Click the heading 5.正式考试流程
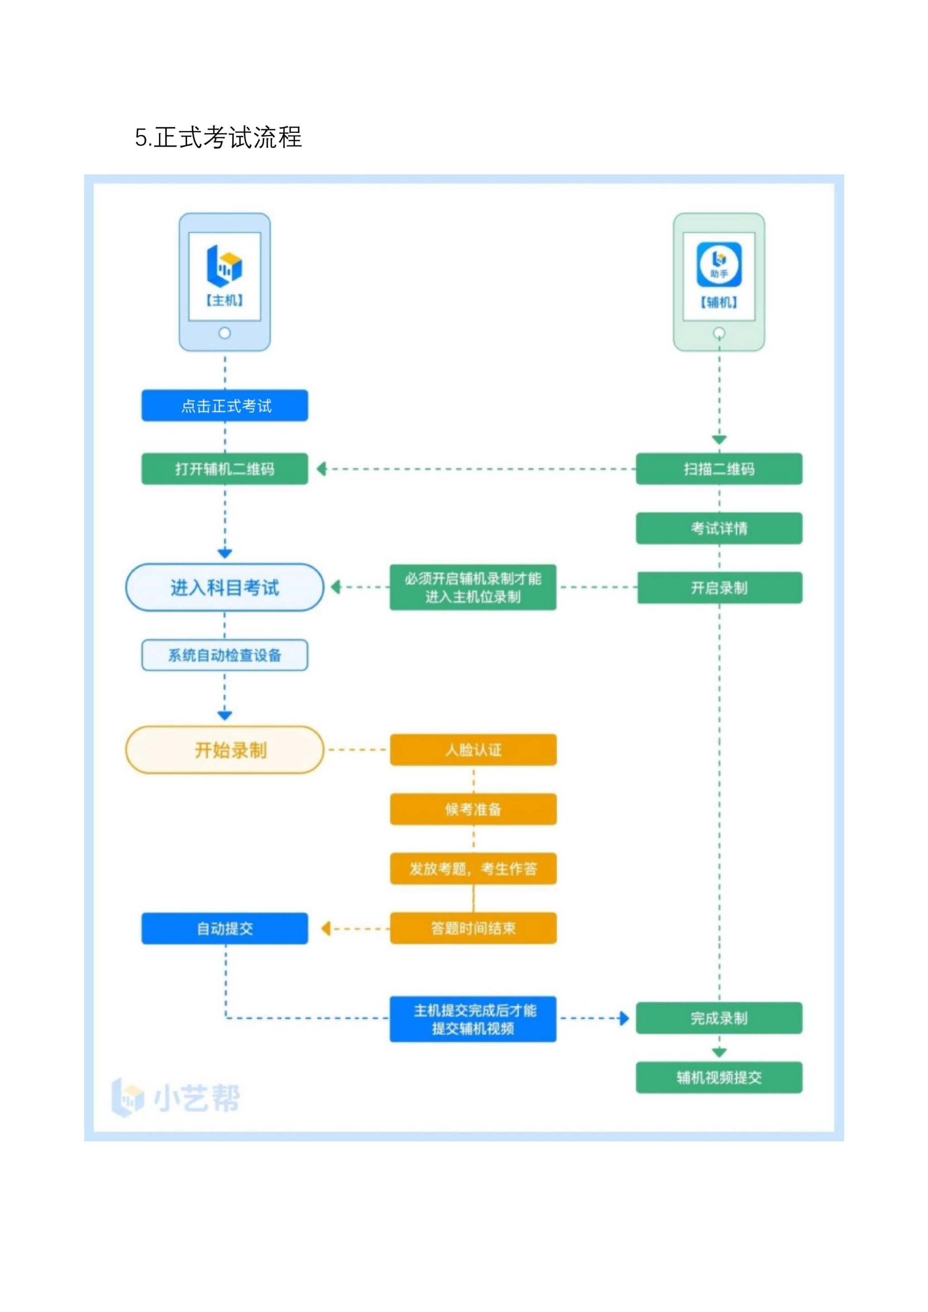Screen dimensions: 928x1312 [x=218, y=137]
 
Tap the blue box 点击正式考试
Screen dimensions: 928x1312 [x=225, y=406]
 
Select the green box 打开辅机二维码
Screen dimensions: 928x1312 [x=225, y=469]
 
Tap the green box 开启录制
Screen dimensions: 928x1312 [x=720, y=588]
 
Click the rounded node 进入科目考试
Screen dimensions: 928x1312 [x=225, y=588]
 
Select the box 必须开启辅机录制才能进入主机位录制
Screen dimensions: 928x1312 [x=473, y=588]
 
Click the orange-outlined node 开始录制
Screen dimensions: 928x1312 [x=225, y=750]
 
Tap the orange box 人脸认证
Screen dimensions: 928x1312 [x=473, y=750]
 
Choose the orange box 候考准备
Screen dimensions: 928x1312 [x=473, y=809]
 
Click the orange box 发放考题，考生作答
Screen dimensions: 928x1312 [x=473, y=868]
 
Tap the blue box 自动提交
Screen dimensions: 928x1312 [x=225, y=929]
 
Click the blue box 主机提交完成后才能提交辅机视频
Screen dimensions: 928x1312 [x=473, y=1019]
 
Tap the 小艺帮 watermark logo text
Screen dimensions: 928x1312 [x=197, y=1098]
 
